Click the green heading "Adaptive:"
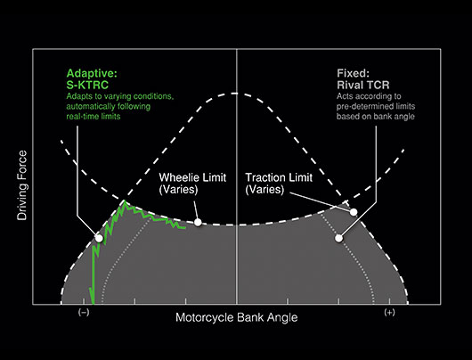(x=92, y=73)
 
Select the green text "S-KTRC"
(x=87, y=85)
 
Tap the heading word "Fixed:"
(x=353, y=73)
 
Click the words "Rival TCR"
(x=363, y=85)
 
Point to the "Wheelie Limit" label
(x=192, y=177)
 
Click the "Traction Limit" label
(x=279, y=177)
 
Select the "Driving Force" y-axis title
(x=22, y=185)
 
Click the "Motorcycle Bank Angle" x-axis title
(x=237, y=317)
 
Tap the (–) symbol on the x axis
(x=84, y=312)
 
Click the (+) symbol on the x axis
(x=389, y=312)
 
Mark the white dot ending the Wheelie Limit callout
(x=198, y=222)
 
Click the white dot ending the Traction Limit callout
(x=354, y=212)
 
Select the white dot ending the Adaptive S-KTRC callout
(x=99, y=238)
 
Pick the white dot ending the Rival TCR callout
(x=339, y=238)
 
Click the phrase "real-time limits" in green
(x=94, y=117)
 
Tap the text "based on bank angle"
(x=376, y=117)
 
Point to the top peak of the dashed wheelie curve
(x=236, y=94)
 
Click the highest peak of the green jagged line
(x=125, y=201)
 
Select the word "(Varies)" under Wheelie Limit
(x=178, y=190)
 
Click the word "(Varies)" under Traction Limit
(x=264, y=190)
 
